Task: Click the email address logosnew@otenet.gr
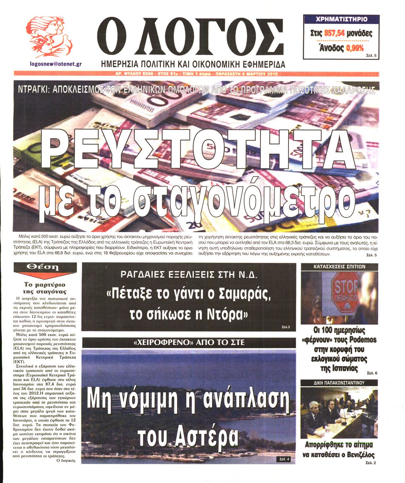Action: (56, 64)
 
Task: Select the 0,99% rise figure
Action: (355, 48)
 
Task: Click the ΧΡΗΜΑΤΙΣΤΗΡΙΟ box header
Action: (341, 19)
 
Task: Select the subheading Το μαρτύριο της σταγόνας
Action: (45, 288)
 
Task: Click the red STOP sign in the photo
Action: (346, 292)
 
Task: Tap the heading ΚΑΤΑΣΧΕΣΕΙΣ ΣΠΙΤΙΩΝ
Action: (339, 267)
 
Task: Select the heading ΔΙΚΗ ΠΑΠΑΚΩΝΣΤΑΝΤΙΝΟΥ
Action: (339, 382)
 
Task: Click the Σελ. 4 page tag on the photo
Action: (284, 459)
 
